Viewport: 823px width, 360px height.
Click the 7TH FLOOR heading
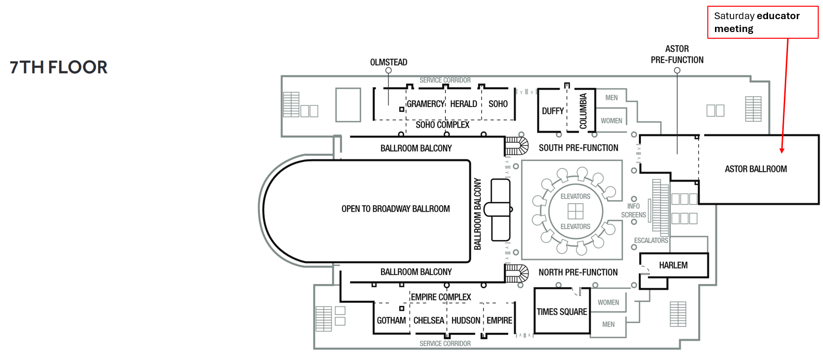(58, 67)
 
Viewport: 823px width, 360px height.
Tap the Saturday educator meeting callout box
(762, 22)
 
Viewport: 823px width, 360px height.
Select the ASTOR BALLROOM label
(756, 169)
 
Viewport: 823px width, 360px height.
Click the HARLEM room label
(673, 265)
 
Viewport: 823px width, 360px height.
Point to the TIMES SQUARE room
(562, 312)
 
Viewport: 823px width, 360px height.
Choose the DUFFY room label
(552, 111)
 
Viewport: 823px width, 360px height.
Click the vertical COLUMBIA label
(583, 111)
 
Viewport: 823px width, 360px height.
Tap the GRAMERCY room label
(425, 104)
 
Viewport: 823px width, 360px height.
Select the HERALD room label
(463, 104)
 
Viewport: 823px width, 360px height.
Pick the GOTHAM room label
(391, 320)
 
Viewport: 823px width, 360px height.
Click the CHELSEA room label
(429, 320)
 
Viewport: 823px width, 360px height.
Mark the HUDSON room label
(466, 320)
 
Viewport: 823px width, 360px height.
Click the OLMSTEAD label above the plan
(389, 62)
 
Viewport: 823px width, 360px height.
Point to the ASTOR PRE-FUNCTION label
(677, 55)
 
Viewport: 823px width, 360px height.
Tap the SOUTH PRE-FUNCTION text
(578, 148)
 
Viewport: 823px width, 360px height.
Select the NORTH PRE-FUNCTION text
(578, 273)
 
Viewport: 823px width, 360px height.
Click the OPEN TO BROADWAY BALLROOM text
(395, 209)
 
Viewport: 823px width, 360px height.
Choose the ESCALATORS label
(650, 240)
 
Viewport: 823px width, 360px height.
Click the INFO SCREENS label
(633, 210)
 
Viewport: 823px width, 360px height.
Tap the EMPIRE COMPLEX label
(441, 297)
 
